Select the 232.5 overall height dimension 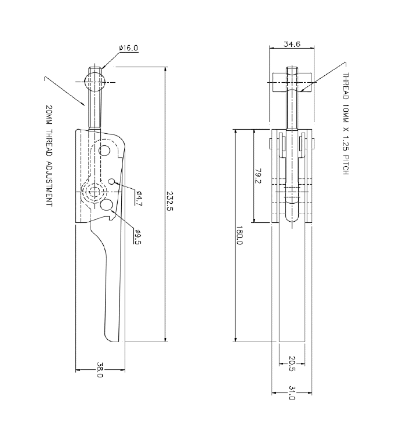point(169,202)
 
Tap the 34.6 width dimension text point(292,44)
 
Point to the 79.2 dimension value point(258,177)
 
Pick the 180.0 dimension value point(238,238)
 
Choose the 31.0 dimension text point(292,394)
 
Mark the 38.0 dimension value point(100,371)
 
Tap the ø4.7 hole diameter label point(138,199)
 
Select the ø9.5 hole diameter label point(138,237)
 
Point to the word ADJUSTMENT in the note point(49,181)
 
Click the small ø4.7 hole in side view point(111,182)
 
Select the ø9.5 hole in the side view point(106,205)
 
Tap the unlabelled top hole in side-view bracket point(104,151)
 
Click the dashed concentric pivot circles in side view point(93,192)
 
